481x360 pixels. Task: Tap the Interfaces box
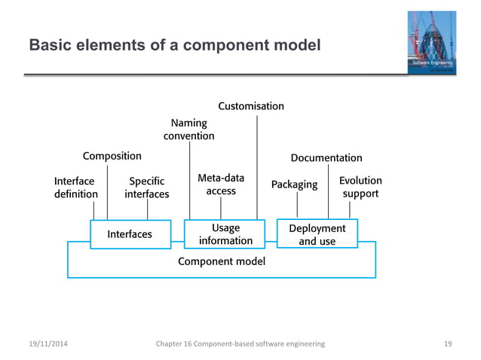[x=130, y=234]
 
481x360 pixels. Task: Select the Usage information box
[x=225, y=234]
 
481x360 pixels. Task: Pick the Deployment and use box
[x=317, y=234]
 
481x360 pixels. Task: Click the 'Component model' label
[x=221, y=261]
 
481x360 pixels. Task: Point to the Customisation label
[x=251, y=106]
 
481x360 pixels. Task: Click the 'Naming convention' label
[x=189, y=129]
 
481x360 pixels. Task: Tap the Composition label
[x=112, y=156]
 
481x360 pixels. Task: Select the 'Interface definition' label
[x=75, y=188]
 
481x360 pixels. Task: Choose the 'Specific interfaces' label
[x=147, y=188]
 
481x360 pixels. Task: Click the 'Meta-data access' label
[x=221, y=185]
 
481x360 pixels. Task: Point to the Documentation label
[x=326, y=158]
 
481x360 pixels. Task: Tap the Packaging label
[x=294, y=185]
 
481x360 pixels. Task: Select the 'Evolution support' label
[x=360, y=188]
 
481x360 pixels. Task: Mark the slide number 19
[x=448, y=343]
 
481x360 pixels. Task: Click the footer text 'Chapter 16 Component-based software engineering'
[x=240, y=343]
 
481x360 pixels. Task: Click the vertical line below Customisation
[x=258, y=166]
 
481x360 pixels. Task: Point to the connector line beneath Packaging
[x=297, y=205]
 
